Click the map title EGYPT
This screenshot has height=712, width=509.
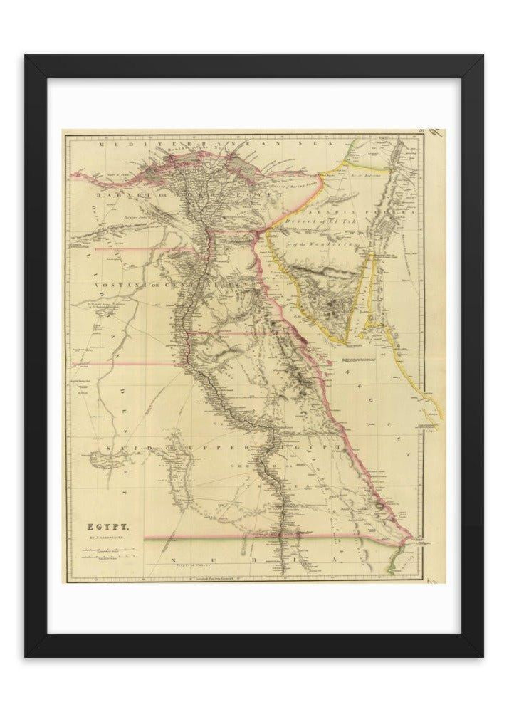(107, 528)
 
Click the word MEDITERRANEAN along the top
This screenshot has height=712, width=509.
(172, 144)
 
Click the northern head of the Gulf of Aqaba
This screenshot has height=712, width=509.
(372, 254)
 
